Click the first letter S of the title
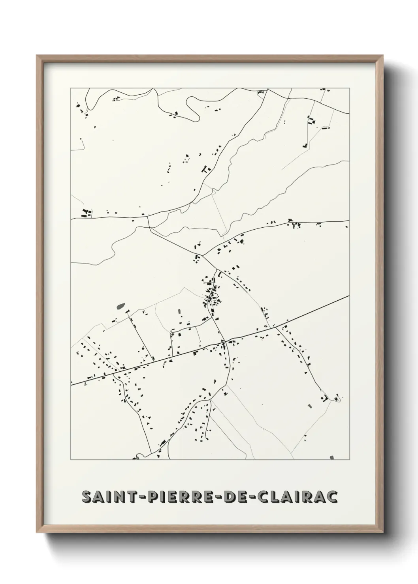(x=87, y=497)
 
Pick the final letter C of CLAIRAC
(x=332, y=497)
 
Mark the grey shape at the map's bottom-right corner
(x=331, y=457)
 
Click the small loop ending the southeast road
(x=337, y=400)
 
